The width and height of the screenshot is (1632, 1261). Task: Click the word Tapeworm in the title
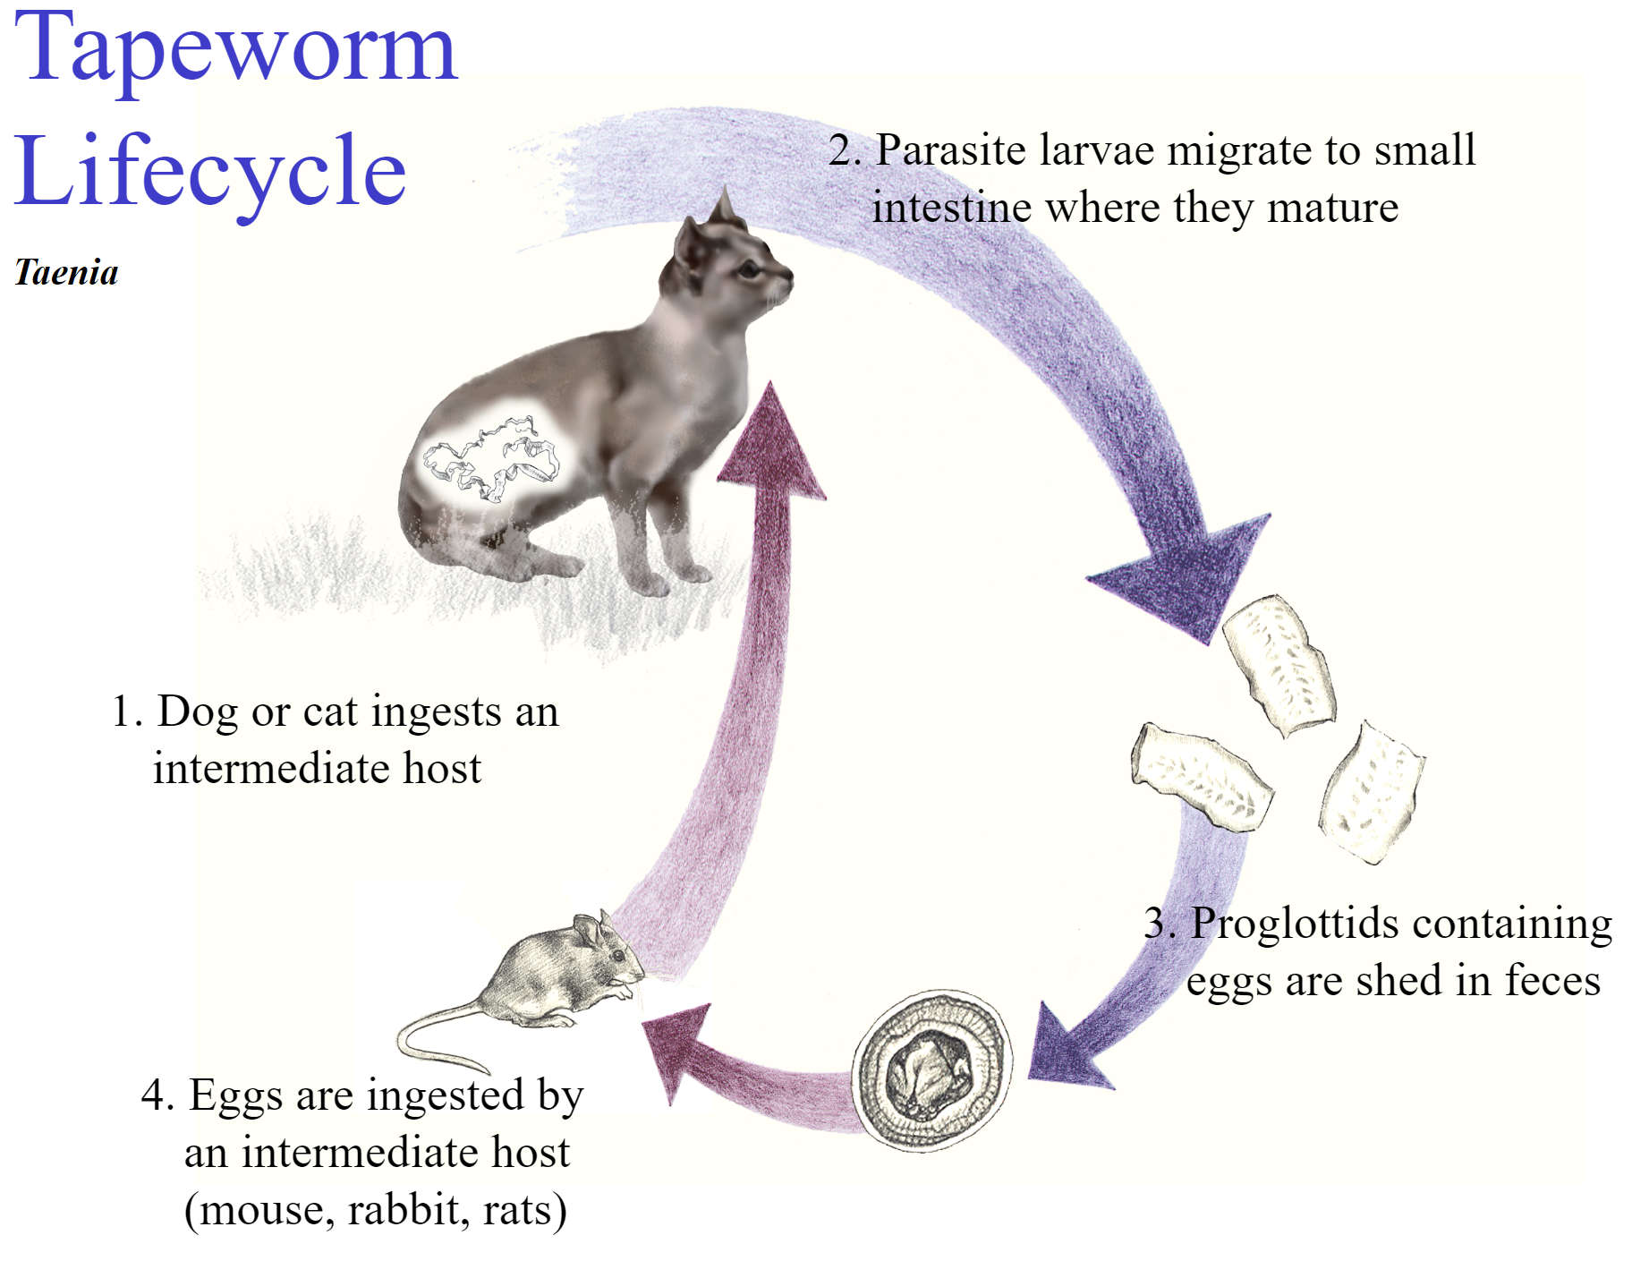pos(236,49)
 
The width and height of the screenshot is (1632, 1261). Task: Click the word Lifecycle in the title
pos(210,170)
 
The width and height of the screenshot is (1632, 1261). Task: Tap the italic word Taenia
pos(66,272)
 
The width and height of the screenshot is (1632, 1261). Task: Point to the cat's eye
pos(750,268)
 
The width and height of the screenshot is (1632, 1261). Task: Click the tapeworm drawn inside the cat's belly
pos(490,456)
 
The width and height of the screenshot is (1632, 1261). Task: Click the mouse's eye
pos(616,956)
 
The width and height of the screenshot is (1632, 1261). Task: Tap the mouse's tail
pos(429,1038)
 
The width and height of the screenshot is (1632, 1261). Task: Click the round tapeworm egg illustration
pos(931,1069)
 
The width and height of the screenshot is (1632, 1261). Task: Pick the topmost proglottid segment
pos(1279,664)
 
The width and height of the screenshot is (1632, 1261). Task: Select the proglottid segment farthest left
pos(1201,776)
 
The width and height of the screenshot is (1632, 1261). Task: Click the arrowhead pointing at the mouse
pos(676,1052)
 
